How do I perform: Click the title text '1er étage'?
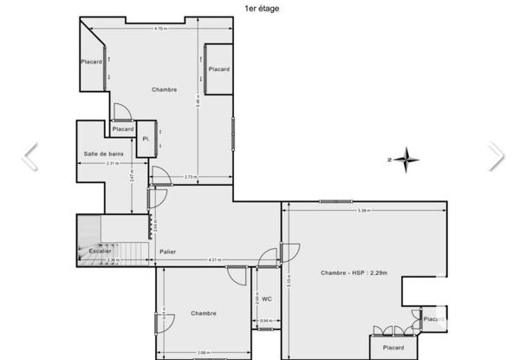pyautogui.click(x=262, y=9)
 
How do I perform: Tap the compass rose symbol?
pyautogui.click(x=405, y=160)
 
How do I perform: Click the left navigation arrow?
pyautogui.click(x=30, y=156)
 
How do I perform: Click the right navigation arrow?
pyautogui.click(x=495, y=156)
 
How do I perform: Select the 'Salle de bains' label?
pyautogui.click(x=103, y=154)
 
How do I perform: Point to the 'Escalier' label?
pyautogui.click(x=101, y=251)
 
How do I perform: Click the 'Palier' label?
pyautogui.click(x=168, y=252)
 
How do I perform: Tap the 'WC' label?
pyautogui.click(x=267, y=298)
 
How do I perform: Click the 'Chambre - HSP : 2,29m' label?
pyautogui.click(x=354, y=273)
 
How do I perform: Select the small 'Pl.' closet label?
pyautogui.click(x=146, y=139)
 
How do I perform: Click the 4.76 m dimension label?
pyautogui.click(x=160, y=29)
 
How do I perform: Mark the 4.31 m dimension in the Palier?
pyautogui.click(x=213, y=259)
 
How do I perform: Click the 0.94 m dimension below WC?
pyautogui.click(x=265, y=322)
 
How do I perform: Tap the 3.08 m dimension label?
pyautogui.click(x=202, y=352)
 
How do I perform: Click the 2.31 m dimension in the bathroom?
pyautogui.click(x=112, y=164)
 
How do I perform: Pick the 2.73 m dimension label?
pyautogui.click(x=191, y=177)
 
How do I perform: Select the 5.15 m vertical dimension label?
pyautogui.click(x=289, y=281)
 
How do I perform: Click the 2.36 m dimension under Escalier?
pyautogui.click(x=112, y=259)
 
